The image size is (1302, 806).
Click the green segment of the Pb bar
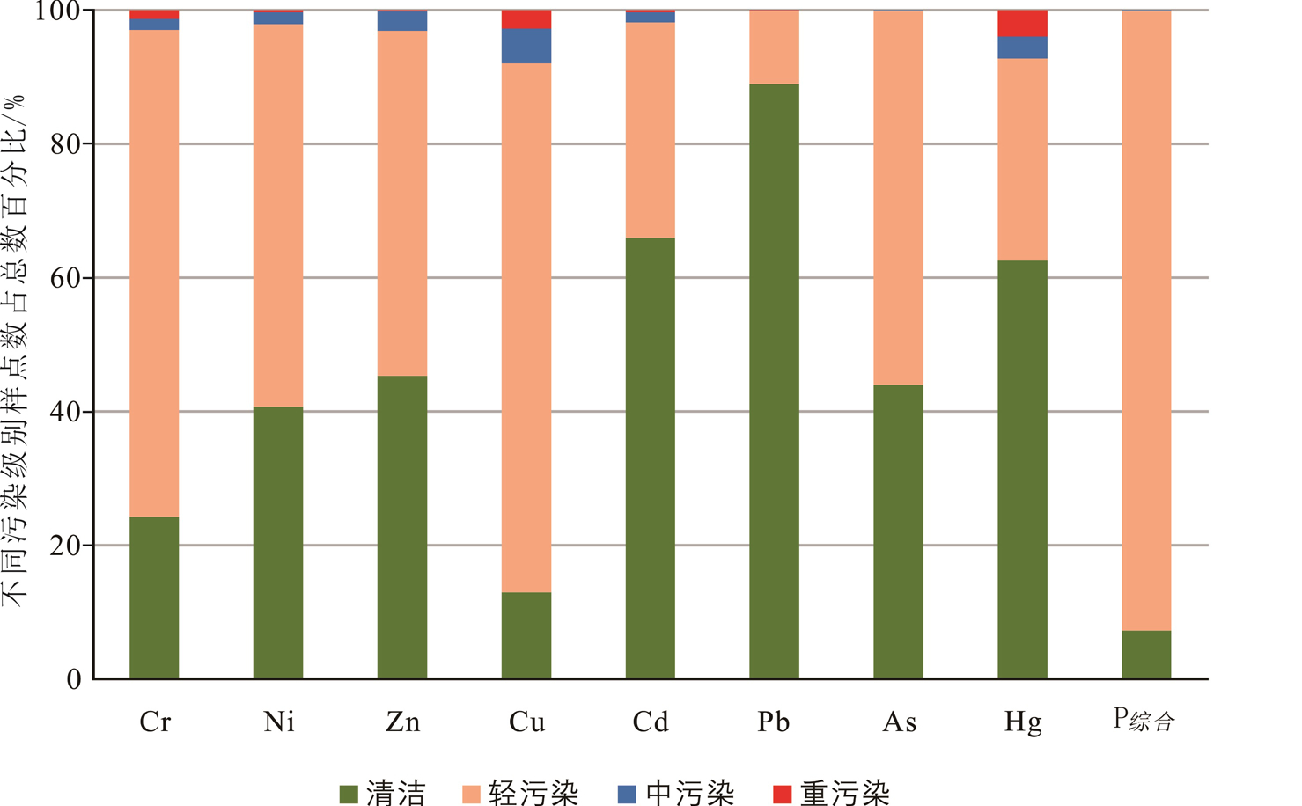[x=774, y=381]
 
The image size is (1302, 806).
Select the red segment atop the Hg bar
[x=1022, y=24]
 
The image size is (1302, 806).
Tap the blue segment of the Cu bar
[x=526, y=46]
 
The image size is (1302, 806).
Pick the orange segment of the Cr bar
[x=154, y=273]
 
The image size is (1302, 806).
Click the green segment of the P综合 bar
[x=1146, y=655]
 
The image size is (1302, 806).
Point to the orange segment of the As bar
[x=898, y=198]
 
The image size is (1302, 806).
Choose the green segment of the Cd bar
[x=650, y=458]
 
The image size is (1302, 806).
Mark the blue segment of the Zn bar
[x=402, y=21]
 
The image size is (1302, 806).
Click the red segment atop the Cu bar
[x=526, y=19]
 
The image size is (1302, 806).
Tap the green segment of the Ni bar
[x=278, y=542]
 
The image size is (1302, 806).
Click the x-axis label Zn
[x=402, y=722]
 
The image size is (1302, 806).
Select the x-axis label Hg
[x=1022, y=723]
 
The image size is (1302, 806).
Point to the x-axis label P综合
[x=1144, y=721]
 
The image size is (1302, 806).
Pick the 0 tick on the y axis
[x=74, y=679]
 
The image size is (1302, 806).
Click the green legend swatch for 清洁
[x=349, y=794]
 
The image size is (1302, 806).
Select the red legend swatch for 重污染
[x=782, y=794]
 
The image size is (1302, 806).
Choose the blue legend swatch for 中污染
[x=627, y=794]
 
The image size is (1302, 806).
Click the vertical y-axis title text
[x=15, y=352]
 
